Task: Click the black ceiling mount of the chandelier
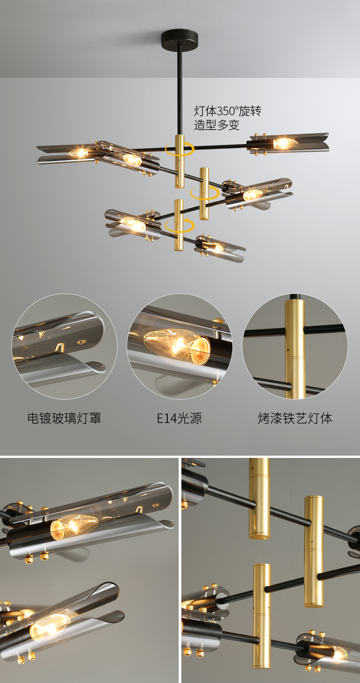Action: (x=180, y=37)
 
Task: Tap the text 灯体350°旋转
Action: (x=228, y=111)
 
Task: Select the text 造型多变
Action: (x=217, y=125)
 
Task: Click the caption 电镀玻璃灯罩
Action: (x=64, y=418)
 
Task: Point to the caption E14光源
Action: (x=179, y=418)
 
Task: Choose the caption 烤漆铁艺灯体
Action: (x=295, y=418)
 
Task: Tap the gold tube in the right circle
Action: (x=295, y=348)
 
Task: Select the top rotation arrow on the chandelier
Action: (x=180, y=149)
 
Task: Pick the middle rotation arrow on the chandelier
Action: (x=205, y=193)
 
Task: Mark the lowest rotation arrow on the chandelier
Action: (x=180, y=226)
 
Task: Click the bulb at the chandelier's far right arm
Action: (x=284, y=143)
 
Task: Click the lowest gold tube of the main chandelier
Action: (x=179, y=225)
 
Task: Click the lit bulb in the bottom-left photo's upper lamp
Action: (x=74, y=527)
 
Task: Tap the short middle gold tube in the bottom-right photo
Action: (x=314, y=551)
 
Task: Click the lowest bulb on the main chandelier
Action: (x=218, y=247)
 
